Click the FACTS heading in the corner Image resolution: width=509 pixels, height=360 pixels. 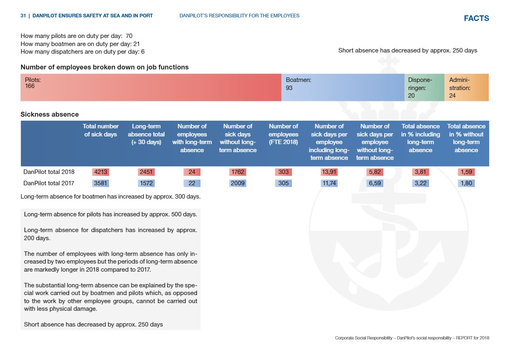[x=476, y=18]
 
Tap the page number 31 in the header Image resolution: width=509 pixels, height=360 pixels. [x=23, y=16]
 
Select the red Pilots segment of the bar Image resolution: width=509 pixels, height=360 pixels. [x=151, y=87]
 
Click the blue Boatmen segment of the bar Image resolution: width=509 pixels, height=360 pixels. [x=343, y=87]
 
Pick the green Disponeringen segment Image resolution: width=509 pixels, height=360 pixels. [x=424, y=87]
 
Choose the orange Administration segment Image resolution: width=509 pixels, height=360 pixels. [x=467, y=87]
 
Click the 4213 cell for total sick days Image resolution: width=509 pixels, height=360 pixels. [x=100, y=172]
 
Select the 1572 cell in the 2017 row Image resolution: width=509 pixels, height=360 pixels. [x=146, y=183]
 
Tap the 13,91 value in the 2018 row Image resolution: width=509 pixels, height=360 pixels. [x=329, y=172]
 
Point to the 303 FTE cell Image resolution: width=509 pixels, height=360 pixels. [x=284, y=172]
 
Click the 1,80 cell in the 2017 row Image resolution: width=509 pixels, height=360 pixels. [x=466, y=183]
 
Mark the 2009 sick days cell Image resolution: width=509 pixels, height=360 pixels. [x=238, y=183]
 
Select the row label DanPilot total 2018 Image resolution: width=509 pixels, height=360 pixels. [x=49, y=172]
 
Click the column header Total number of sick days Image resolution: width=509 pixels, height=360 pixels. [x=100, y=130]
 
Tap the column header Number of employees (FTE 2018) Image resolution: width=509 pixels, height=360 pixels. [x=284, y=134]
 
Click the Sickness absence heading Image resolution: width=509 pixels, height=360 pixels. [x=50, y=114]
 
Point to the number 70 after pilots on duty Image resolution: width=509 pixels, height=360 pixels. [x=129, y=36]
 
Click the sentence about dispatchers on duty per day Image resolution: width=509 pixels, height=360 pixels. [x=83, y=52]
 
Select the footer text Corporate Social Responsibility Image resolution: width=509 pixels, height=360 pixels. [x=363, y=338]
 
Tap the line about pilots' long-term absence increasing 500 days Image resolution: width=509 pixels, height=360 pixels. [x=111, y=214]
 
